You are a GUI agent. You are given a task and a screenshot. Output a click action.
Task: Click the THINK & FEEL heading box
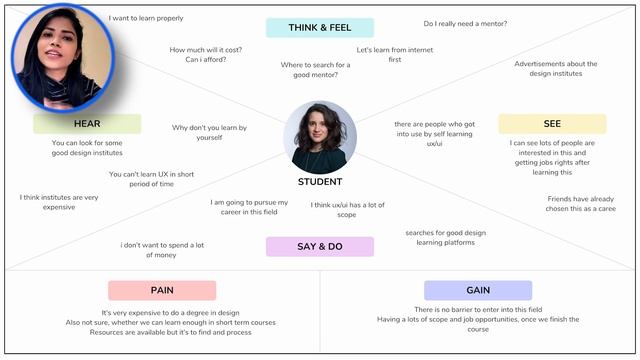[320, 28]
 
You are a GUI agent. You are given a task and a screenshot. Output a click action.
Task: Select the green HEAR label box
[87, 124]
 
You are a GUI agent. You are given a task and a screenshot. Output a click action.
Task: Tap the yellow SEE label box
[552, 124]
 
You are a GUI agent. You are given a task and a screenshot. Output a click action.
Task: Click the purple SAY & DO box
[320, 247]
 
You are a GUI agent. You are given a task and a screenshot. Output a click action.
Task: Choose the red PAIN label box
[162, 290]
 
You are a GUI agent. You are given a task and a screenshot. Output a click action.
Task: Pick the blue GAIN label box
[477, 290]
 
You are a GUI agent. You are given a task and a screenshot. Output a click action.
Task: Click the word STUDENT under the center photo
[320, 182]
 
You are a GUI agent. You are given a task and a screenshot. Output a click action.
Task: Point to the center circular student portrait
[320, 137]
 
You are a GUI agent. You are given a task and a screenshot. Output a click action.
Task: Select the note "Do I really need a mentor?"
[465, 23]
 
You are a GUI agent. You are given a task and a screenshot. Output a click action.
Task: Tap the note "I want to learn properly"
[146, 18]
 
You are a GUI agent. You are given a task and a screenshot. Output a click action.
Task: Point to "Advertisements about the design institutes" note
[556, 70]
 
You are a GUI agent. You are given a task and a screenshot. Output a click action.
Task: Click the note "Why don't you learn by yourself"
[209, 132]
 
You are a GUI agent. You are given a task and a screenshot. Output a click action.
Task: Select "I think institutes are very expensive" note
[59, 202]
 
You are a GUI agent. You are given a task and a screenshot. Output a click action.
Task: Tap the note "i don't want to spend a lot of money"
[161, 250]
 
